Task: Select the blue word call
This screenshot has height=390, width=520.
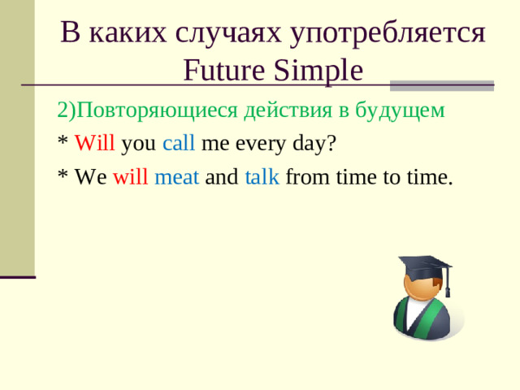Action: point(178,145)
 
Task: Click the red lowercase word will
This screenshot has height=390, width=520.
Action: point(130,177)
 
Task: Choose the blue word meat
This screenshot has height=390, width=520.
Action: point(176,177)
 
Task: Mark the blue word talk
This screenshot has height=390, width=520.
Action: point(262,177)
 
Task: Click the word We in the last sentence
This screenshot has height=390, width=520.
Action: point(89,177)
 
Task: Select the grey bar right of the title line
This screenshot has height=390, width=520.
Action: point(442,84)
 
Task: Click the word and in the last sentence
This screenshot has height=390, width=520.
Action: point(221,177)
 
